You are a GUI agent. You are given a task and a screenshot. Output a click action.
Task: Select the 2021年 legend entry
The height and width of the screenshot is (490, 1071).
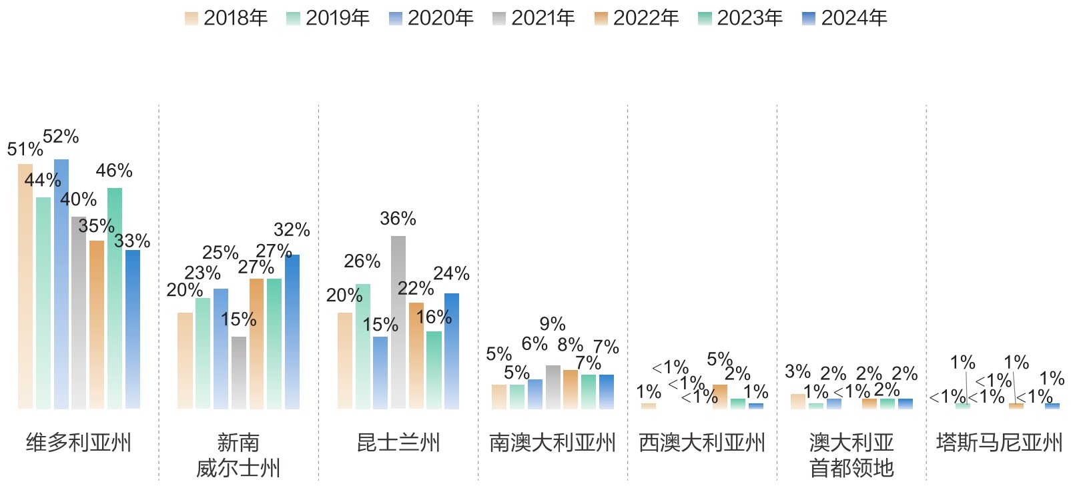click(x=533, y=18)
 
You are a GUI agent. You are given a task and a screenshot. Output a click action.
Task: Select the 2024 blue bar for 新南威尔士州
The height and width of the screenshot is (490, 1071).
click(x=292, y=331)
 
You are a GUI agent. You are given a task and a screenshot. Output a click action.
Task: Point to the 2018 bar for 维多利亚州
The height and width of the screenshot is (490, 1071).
click(x=25, y=286)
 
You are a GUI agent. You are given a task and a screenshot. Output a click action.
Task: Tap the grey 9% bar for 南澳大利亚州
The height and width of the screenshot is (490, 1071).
click(x=553, y=387)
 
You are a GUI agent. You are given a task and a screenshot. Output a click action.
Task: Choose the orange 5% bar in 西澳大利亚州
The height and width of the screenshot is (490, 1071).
click(x=720, y=397)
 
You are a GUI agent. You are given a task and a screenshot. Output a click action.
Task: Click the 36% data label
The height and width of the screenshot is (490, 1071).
click(x=398, y=219)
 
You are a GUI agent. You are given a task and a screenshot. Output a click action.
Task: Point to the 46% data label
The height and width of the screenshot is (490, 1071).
click(x=114, y=171)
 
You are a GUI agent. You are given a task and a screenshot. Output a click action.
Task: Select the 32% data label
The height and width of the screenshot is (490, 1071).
click(x=292, y=230)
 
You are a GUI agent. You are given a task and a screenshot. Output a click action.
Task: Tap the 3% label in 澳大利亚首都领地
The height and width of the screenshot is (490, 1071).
click(x=797, y=371)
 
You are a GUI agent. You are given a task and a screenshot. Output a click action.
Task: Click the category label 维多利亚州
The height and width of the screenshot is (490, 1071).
click(x=79, y=443)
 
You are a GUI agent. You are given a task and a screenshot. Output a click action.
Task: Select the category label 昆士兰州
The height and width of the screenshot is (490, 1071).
click(x=398, y=443)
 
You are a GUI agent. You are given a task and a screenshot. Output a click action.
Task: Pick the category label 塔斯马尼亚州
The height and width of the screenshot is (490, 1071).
click(x=999, y=443)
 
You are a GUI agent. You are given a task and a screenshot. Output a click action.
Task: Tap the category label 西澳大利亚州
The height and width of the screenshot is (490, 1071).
click(x=702, y=443)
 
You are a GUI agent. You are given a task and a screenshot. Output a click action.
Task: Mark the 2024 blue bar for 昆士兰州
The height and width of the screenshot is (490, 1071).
click(x=452, y=351)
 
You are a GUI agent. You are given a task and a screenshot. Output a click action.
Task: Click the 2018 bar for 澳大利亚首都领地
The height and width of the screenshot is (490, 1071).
click(x=798, y=401)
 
